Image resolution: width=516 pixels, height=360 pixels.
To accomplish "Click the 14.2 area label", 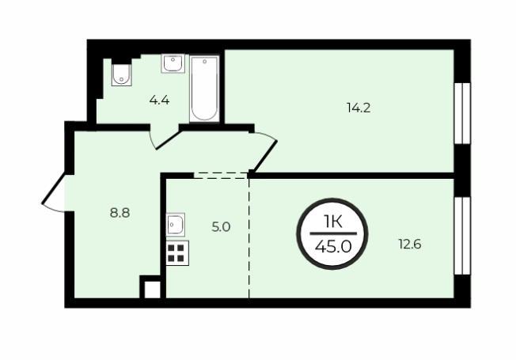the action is [x=359, y=108].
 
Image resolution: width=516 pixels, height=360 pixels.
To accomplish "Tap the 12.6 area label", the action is [x=410, y=244].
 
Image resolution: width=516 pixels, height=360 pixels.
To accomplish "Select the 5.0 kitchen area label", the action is [x=221, y=227].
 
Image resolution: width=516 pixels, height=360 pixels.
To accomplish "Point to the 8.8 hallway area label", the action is [x=120, y=213].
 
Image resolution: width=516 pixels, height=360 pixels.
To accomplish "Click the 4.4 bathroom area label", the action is [x=159, y=100].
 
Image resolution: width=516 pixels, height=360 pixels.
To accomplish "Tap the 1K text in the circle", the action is [x=332, y=222].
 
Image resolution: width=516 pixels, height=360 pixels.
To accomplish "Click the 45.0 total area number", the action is [x=333, y=247].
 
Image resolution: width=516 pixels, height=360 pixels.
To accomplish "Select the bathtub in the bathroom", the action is [x=204, y=88].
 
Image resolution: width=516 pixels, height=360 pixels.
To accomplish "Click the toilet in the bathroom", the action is [x=121, y=74].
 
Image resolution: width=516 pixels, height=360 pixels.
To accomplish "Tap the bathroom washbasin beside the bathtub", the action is [x=173, y=63].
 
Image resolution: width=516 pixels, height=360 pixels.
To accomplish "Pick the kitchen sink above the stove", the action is [x=176, y=225].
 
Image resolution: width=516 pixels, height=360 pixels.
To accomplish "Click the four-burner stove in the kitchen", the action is [x=177, y=252].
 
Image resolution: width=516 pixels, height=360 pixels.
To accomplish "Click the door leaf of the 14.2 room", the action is [x=265, y=157].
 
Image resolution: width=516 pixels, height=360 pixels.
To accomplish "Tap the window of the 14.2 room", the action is [x=462, y=113].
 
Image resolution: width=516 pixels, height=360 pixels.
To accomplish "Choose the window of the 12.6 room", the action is [x=462, y=236].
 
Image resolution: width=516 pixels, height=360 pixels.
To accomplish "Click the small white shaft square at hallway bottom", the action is [x=153, y=290].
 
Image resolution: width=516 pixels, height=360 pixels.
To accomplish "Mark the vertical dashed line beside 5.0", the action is [x=249, y=238].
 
